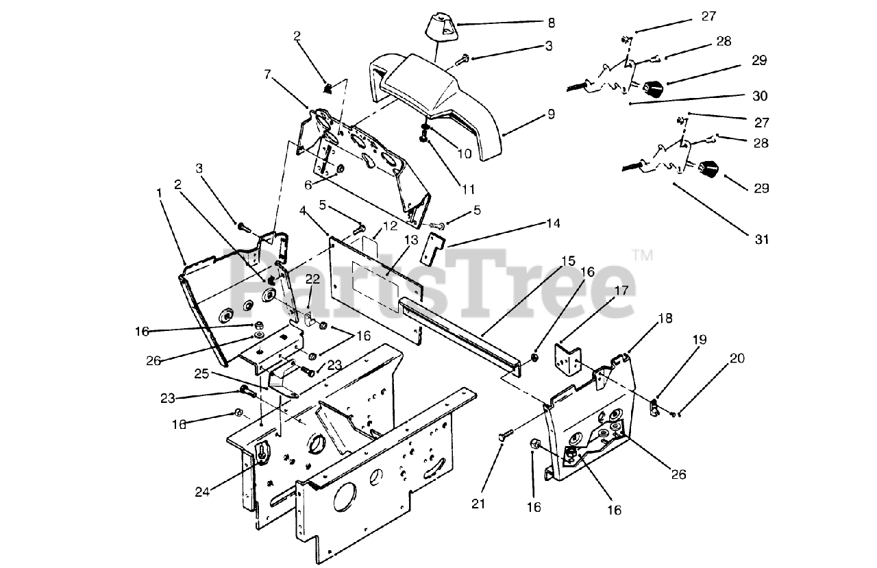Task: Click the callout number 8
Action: (x=551, y=23)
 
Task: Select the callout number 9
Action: (x=551, y=114)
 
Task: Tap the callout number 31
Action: (x=762, y=240)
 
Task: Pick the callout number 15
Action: (x=568, y=261)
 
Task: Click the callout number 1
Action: (x=160, y=194)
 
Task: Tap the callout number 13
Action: (x=410, y=240)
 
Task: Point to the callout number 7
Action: (x=269, y=73)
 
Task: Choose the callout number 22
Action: (x=312, y=279)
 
